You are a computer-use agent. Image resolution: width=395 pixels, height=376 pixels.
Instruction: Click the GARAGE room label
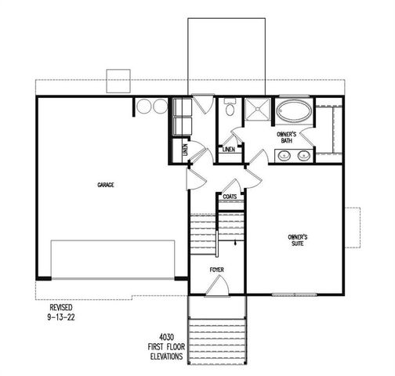point(106,185)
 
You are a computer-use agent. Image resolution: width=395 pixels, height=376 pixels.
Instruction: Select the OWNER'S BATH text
point(285,138)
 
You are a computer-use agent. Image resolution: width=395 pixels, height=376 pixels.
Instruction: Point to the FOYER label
point(217,270)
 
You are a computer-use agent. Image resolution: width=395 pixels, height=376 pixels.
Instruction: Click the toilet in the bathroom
point(229,110)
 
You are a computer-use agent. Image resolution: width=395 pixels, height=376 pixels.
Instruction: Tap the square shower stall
point(255,112)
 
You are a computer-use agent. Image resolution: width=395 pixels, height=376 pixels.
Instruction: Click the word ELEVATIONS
point(165,356)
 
